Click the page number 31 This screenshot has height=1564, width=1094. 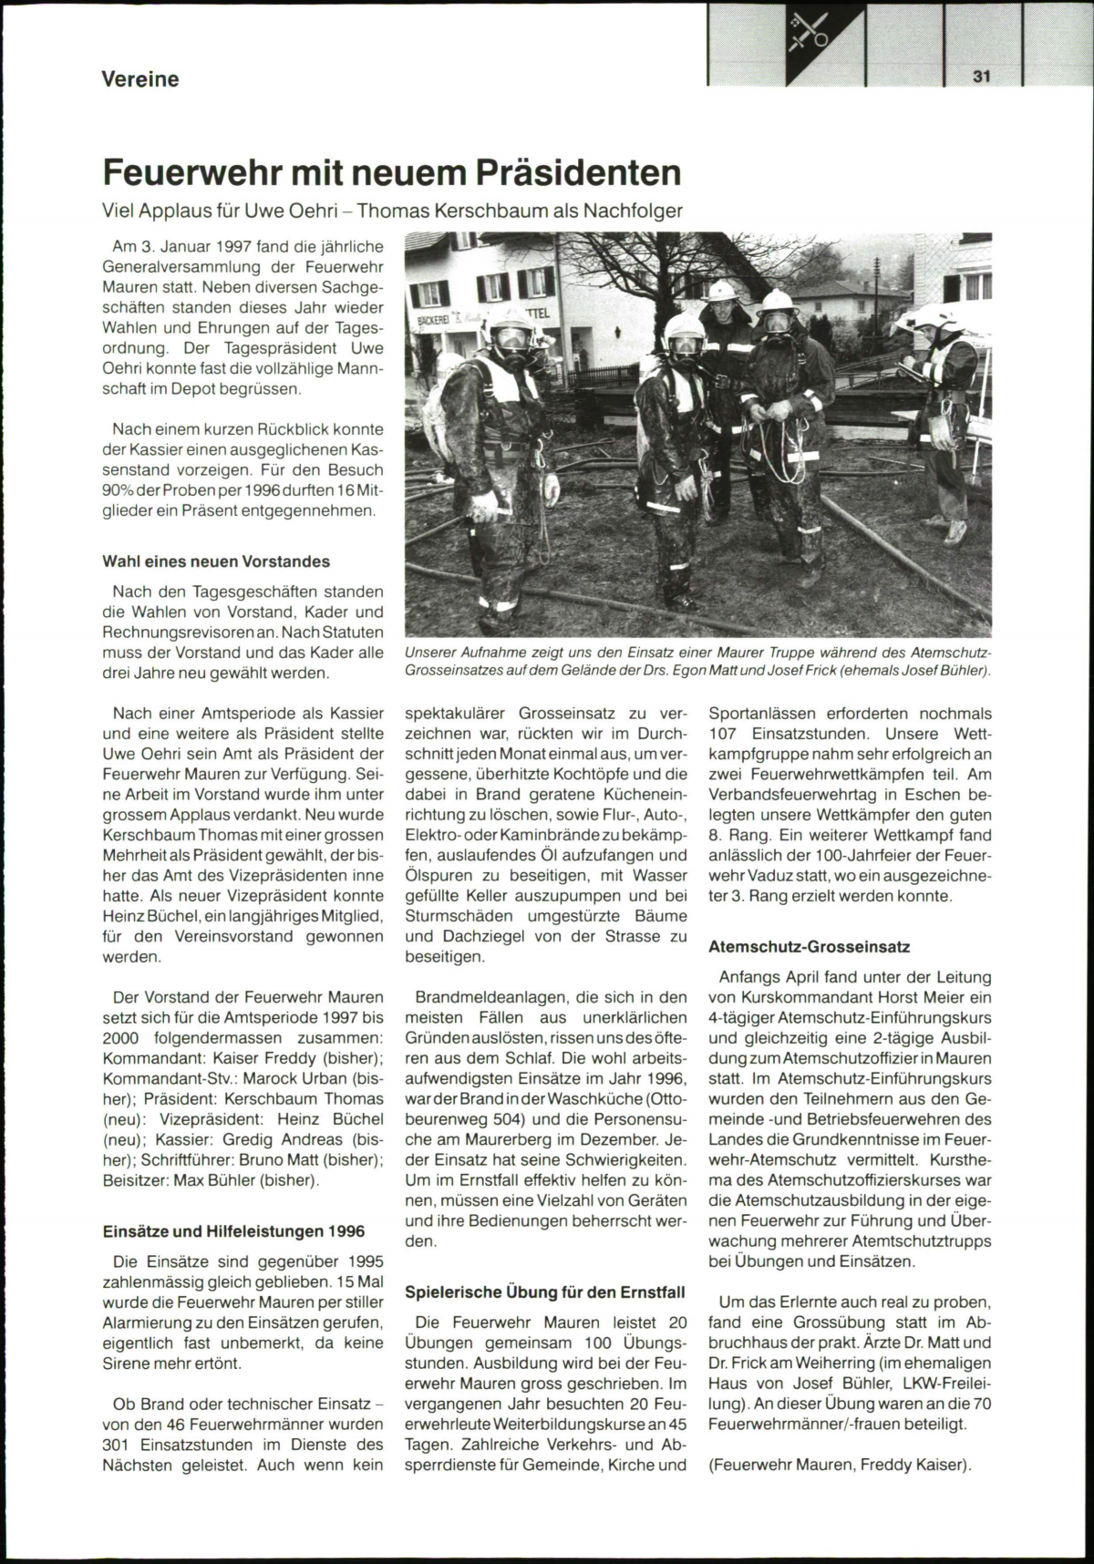click(x=981, y=77)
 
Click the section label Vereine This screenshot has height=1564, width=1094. click(x=139, y=79)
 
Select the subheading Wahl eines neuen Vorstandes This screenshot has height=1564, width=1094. click(x=216, y=561)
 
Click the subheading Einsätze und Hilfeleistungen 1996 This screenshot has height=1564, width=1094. click(x=232, y=1231)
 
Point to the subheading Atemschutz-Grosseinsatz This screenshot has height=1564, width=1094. click(x=809, y=947)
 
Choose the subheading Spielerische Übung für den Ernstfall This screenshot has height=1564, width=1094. click(x=544, y=1291)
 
